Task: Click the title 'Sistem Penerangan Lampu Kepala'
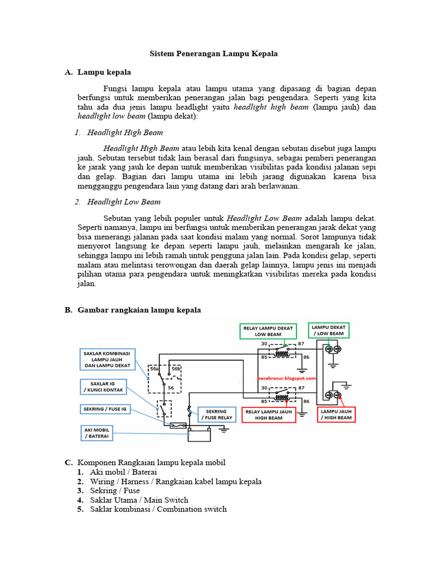[x=213, y=54]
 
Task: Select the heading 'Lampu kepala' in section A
[x=104, y=72]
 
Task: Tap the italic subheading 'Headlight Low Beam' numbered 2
[x=124, y=202]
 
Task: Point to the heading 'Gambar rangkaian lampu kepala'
[x=139, y=310]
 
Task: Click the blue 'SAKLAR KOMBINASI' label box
[x=108, y=360]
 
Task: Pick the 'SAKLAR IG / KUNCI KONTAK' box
[x=103, y=387]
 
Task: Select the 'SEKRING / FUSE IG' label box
[x=105, y=409]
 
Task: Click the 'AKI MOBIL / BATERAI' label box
[x=97, y=433]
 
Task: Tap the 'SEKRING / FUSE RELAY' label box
[x=217, y=414]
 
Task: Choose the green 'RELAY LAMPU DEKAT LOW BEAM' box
[x=268, y=331]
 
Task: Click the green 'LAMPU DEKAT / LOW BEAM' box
[x=329, y=330]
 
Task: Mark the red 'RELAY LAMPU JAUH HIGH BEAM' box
[x=269, y=415]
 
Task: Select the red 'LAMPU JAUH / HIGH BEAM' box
[x=336, y=414]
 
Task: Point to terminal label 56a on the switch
[x=154, y=368]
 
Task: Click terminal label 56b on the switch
[x=176, y=368]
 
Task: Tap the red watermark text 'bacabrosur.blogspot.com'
[x=286, y=378]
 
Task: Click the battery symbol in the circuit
[x=199, y=434]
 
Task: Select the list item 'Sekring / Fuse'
[x=115, y=491]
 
